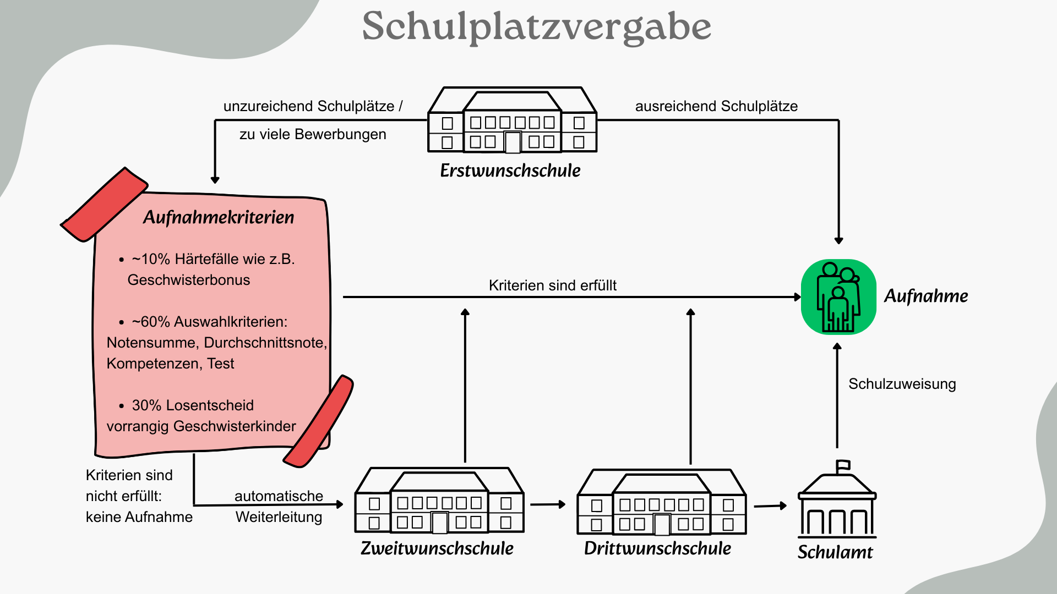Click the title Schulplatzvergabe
(536, 26)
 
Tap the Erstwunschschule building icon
(512, 120)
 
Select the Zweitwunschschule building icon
(439, 501)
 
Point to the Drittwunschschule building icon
(661, 502)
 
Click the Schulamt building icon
(837, 503)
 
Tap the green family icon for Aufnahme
(838, 297)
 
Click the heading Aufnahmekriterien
(219, 217)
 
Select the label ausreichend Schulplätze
(716, 106)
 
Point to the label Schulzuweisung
(902, 384)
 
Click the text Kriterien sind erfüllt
(552, 285)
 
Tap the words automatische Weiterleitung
(279, 507)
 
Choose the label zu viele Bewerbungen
(313, 134)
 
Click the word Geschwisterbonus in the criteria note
(189, 280)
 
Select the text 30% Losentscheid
(193, 405)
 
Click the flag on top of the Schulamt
(843, 465)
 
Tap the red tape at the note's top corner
(103, 205)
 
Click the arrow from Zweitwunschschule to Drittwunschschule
(548, 504)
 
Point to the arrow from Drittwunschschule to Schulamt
(770, 505)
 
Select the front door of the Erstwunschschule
(513, 142)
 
